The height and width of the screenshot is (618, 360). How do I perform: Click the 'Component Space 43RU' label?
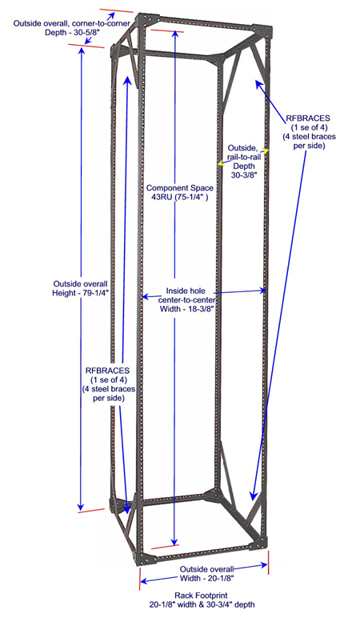pyautogui.click(x=180, y=192)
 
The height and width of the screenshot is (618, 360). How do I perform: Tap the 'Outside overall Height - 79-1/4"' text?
pyautogui.click(x=80, y=288)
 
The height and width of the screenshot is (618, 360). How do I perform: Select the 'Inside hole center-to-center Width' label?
pyautogui.click(x=186, y=300)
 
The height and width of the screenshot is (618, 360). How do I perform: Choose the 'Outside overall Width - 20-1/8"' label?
pyautogui.click(x=207, y=574)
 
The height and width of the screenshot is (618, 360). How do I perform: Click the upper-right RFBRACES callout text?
pyautogui.click(x=309, y=131)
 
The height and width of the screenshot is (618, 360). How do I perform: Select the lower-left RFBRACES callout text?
pyautogui.click(x=108, y=384)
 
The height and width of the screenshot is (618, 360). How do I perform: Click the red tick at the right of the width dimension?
pyautogui.click(x=269, y=563)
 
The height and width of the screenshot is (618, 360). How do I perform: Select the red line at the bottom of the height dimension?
pyautogui.click(x=91, y=511)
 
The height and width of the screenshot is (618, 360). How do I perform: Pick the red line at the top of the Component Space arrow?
pyautogui.click(x=167, y=30)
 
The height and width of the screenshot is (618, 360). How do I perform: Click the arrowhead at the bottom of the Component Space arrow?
pyautogui.click(x=175, y=542)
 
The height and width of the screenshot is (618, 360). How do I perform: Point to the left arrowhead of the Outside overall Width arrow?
pyautogui.click(x=143, y=581)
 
